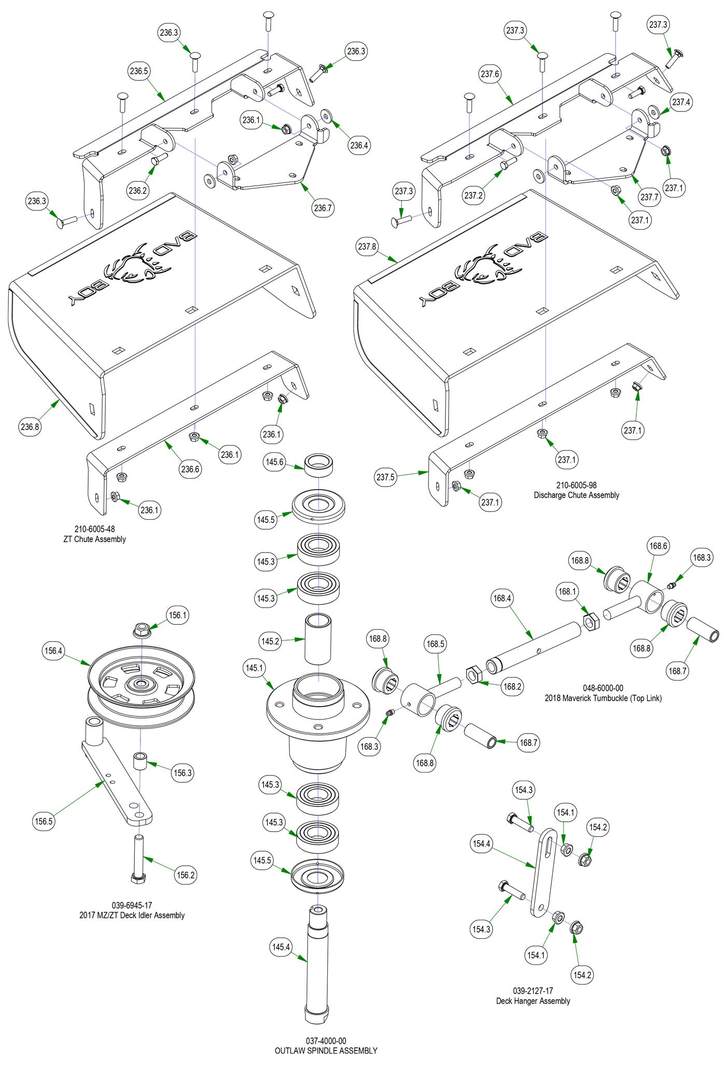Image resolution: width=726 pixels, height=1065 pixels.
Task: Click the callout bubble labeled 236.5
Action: [x=139, y=72]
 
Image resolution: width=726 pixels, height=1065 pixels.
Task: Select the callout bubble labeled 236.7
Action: [x=323, y=208]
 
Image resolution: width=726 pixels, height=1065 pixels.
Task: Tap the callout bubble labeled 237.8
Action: [x=367, y=246]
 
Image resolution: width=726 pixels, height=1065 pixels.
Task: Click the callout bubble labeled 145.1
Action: [x=254, y=668]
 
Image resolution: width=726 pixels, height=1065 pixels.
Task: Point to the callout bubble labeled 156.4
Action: [x=53, y=651]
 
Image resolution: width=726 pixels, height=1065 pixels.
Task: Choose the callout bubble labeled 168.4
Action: [x=502, y=598]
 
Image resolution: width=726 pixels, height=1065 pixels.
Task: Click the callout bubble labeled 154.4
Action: [x=481, y=843]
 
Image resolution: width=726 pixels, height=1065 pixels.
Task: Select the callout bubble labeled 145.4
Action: [x=281, y=947]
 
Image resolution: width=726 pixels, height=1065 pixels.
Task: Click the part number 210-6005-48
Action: [x=94, y=529]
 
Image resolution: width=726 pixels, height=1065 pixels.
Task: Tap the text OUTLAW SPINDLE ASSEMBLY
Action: [x=326, y=1050]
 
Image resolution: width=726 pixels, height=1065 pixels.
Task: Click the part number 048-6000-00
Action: [x=603, y=688]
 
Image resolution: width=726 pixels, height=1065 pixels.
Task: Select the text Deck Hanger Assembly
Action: [x=533, y=1001]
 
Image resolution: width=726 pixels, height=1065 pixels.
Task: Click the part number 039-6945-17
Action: [x=132, y=906]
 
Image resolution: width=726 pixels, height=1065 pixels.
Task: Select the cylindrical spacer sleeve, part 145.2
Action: [x=317, y=639]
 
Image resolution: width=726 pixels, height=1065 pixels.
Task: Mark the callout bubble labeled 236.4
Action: [x=359, y=145]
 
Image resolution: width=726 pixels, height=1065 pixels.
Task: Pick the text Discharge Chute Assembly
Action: [x=576, y=495]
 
